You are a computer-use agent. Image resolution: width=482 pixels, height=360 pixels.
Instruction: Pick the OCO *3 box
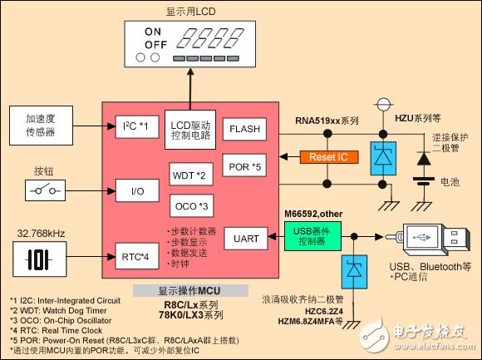click(193, 205)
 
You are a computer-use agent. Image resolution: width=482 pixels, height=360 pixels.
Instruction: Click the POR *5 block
click(245, 165)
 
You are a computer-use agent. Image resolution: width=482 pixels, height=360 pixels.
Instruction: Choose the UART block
click(245, 239)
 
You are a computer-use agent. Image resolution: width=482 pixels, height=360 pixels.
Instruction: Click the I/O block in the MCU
click(137, 190)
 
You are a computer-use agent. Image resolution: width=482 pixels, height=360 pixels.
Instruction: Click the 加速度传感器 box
click(40, 126)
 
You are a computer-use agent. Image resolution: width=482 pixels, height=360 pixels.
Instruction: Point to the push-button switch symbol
click(40, 190)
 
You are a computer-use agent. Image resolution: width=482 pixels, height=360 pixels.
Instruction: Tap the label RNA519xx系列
click(327, 121)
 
